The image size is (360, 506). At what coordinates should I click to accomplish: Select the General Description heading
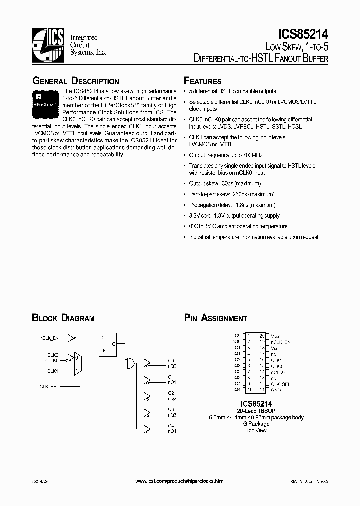coord(75,81)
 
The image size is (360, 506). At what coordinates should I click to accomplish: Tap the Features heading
coord(203,81)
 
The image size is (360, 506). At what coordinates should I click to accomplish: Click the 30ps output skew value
coord(227,184)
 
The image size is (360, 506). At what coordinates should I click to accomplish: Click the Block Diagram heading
coord(63,318)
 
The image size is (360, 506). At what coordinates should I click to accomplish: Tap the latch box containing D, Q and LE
coord(109,344)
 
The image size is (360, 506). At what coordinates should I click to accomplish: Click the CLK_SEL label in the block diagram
coord(49,387)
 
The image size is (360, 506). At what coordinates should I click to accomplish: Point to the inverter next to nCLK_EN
coord(72,338)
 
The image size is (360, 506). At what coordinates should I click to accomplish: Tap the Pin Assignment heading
coord(215,318)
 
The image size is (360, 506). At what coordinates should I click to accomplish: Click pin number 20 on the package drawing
coord(261,336)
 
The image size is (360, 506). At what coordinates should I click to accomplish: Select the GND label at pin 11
coord(276,389)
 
